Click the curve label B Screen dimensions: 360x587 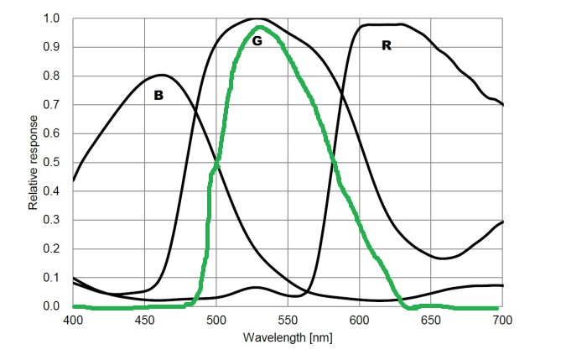[158, 96]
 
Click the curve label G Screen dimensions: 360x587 [257, 40]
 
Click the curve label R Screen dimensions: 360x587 [386, 45]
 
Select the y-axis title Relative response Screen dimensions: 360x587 [34, 163]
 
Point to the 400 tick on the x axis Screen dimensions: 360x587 [73, 320]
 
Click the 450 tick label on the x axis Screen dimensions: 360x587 [145, 320]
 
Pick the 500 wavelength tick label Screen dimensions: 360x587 [216, 320]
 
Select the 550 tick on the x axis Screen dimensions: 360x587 [288, 320]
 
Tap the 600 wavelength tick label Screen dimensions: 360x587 [360, 320]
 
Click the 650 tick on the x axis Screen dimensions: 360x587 [431, 320]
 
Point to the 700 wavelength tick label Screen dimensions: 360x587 [502, 320]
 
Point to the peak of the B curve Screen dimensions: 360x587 [162, 75]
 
